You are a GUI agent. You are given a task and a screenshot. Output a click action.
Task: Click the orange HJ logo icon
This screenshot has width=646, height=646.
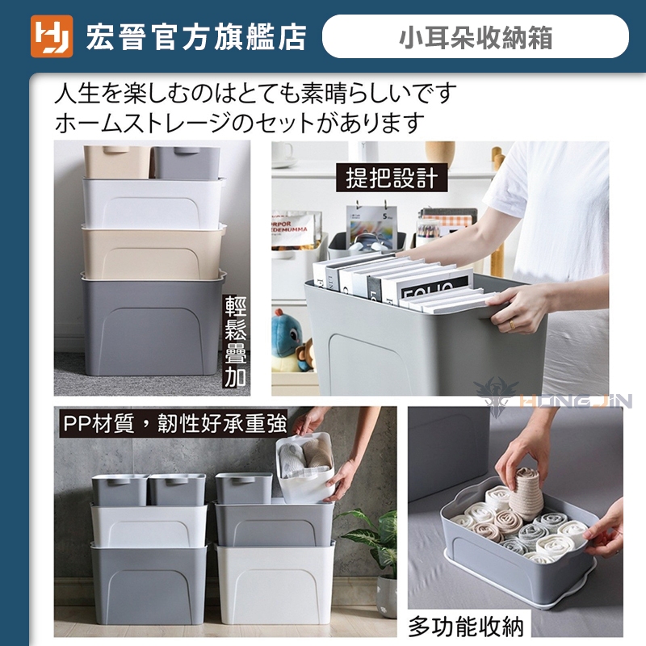pos(52,36)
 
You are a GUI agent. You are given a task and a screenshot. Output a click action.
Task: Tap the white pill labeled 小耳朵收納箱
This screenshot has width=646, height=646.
pos(475,36)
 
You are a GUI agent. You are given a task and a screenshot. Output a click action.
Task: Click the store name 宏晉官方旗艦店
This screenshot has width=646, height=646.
pos(196,37)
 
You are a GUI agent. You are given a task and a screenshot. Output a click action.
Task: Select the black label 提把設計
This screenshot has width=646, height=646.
pos(392,178)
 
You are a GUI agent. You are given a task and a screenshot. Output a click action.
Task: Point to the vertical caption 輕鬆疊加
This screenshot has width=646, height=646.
pos(236,341)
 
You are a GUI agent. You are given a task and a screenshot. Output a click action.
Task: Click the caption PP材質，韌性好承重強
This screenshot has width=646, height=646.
pos(174,423)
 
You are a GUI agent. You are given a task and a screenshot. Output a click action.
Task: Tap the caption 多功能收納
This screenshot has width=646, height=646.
pos(466,627)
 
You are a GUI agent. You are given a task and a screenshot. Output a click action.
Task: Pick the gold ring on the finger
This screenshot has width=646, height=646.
pos(512,325)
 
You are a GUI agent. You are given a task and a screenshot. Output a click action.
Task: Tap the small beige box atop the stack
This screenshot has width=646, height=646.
pos(117,161)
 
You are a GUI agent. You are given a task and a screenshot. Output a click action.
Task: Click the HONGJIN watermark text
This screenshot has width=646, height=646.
pos(576,400)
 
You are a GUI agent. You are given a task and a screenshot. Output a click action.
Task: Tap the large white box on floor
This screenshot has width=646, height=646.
pos(275,583)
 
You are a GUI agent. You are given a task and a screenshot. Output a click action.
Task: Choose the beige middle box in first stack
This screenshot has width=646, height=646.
pos(153,252)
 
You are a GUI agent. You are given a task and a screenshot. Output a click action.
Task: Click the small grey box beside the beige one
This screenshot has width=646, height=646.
pos(187,163)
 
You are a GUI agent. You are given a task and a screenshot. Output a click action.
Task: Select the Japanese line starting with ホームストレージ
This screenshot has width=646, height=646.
pos(239,123)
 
